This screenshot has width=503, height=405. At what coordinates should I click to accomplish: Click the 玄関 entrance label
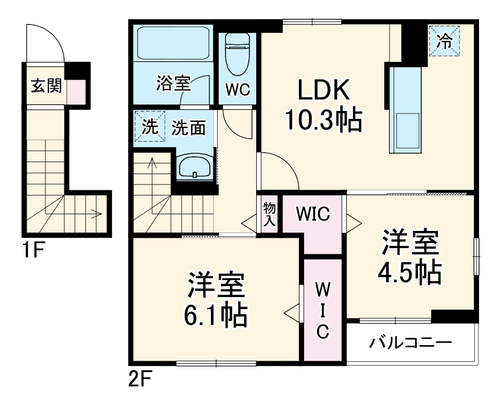(x=46, y=86)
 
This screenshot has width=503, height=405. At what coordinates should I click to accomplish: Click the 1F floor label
(x=32, y=251)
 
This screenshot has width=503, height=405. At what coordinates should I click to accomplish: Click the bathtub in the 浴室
(x=173, y=43)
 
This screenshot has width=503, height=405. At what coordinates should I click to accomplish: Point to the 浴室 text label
(x=173, y=83)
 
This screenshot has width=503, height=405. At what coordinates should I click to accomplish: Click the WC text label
(x=237, y=90)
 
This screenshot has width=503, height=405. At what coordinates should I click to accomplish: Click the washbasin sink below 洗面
(x=194, y=167)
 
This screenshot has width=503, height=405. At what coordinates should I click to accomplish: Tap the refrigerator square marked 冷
(x=445, y=41)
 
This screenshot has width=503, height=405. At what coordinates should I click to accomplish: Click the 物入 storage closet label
(x=269, y=214)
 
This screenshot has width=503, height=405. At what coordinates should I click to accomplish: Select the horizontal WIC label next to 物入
(x=313, y=214)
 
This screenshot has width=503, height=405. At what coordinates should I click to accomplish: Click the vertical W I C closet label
(x=322, y=311)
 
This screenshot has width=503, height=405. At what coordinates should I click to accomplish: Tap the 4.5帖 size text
(x=411, y=272)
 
